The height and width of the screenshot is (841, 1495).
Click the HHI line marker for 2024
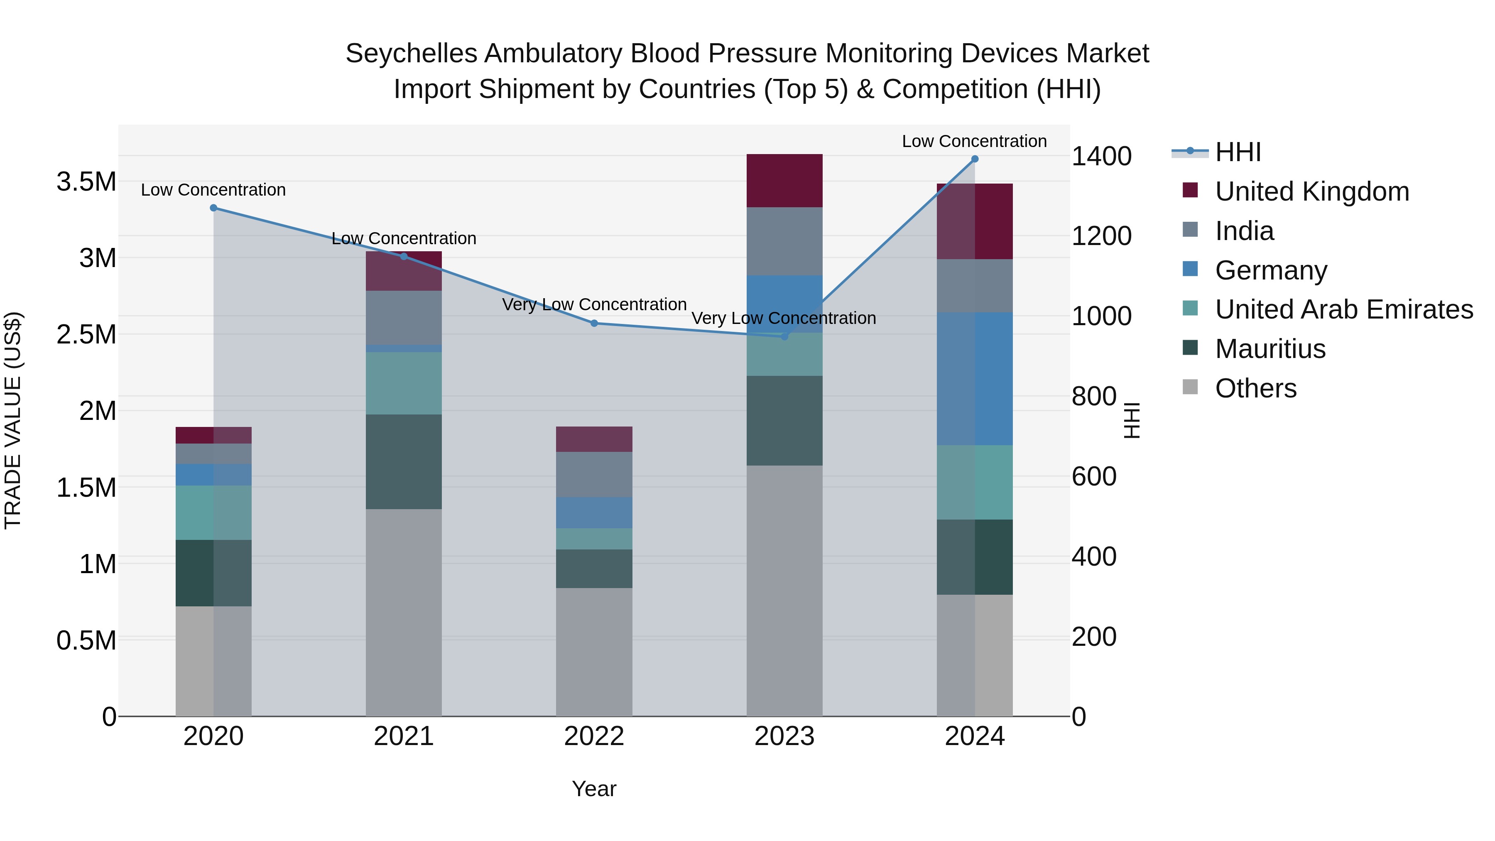coord(974,159)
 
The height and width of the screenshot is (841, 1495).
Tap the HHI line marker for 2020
coord(213,208)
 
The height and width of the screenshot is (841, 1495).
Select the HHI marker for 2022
coord(594,323)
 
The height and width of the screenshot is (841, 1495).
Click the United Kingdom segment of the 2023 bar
coord(784,181)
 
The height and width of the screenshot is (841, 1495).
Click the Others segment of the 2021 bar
coord(403,612)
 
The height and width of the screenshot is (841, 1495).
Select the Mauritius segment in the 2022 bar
coord(594,569)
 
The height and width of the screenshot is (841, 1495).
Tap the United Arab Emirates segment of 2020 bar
coord(213,512)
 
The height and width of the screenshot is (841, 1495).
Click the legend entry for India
coord(1244,231)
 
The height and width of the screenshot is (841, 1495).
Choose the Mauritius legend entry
coord(1270,349)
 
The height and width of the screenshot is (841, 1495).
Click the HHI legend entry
coord(1238,152)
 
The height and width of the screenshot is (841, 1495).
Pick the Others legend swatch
coord(1190,387)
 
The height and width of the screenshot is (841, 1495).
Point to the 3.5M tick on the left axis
coord(86,181)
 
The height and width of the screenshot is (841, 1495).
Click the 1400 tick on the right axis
coord(1101,156)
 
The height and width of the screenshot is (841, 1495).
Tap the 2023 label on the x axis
coord(784,736)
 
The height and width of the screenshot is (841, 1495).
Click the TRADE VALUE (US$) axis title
coord(13,420)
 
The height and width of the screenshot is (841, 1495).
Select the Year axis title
coord(594,789)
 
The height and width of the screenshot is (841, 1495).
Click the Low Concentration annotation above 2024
coord(974,141)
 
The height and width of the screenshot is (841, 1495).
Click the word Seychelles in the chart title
coord(412,54)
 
